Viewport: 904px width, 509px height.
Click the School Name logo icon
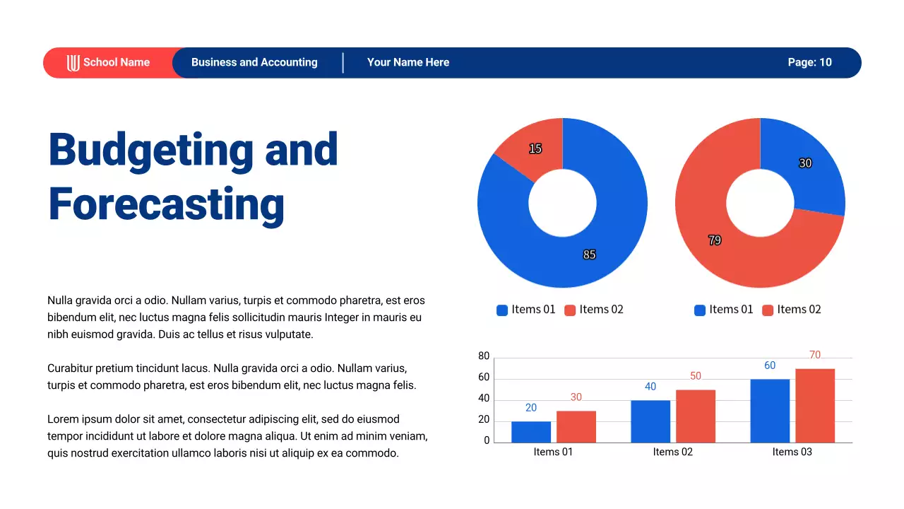(x=73, y=63)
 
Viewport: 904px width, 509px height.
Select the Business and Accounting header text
(x=254, y=62)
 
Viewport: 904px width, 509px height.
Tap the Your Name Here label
(x=408, y=62)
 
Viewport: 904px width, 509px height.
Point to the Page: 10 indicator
(x=809, y=62)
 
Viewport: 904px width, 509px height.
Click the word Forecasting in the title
(x=167, y=204)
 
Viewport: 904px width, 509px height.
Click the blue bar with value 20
(x=531, y=432)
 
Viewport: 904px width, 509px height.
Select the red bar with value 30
(x=576, y=427)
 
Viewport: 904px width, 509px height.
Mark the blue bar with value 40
(x=650, y=421)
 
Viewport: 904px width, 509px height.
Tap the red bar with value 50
(x=696, y=416)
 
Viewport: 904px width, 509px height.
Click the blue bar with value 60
(x=770, y=411)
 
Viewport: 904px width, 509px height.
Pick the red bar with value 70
(x=815, y=406)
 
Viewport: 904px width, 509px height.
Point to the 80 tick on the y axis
(x=484, y=356)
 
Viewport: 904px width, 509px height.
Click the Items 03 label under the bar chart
(x=792, y=452)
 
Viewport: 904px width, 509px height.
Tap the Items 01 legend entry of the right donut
(x=724, y=310)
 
